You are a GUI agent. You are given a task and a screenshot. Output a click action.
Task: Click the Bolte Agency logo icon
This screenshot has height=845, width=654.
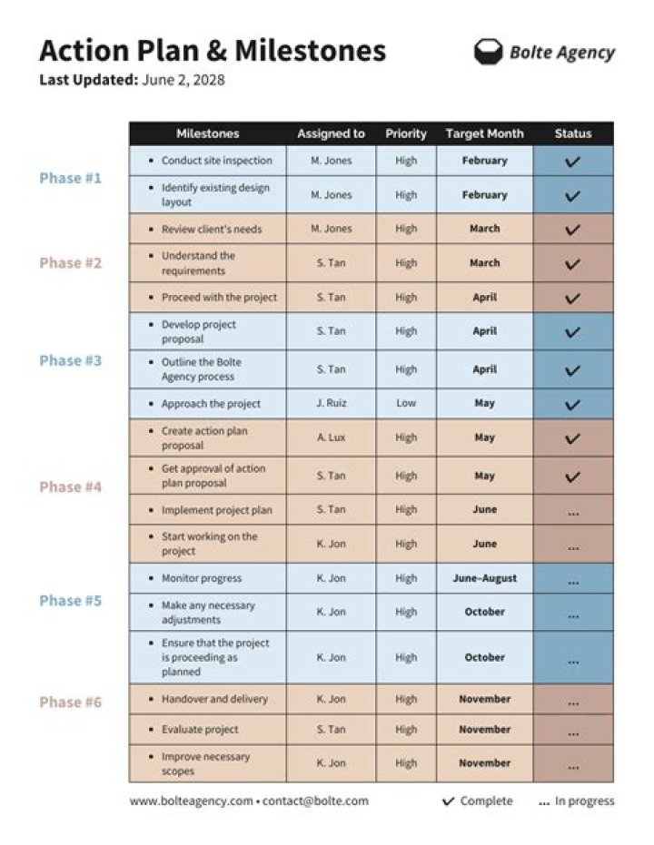tap(488, 52)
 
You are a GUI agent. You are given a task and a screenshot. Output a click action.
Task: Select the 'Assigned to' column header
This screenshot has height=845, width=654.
tap(331, 133)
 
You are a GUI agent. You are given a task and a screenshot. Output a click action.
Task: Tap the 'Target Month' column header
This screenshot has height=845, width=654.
tap(484, 133)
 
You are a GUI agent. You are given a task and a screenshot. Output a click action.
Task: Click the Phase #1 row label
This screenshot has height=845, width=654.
tap(70, 178)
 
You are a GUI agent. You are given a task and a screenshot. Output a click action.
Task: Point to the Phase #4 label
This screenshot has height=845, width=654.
tap(70, 486)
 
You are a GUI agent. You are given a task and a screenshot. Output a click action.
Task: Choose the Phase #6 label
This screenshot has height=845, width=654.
tap(70, 702)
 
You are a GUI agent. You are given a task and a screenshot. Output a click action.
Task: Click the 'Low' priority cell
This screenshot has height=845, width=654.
tap(406, 403)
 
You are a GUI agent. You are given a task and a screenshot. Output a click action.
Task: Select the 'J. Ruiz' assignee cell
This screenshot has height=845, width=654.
tap(331, 403)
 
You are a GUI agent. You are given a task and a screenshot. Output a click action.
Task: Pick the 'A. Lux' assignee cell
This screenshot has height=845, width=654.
tap(331, 437)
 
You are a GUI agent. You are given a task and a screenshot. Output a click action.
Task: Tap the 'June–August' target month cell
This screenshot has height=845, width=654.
tap(484, 578)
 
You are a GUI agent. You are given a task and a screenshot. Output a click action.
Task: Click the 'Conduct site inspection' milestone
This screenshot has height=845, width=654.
tap(216, 161)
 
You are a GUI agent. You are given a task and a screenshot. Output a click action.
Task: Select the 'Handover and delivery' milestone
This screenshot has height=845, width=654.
tap(214, 699)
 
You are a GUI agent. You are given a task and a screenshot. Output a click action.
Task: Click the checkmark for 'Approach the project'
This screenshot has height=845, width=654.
tap(572, 404)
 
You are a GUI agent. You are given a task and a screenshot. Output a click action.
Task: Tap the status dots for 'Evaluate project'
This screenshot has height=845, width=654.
tap(572, 732)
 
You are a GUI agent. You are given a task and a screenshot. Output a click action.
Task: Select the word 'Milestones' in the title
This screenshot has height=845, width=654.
tap(310, 50)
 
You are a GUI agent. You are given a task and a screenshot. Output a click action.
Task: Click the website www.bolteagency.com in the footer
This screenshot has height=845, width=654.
tap(191, 801)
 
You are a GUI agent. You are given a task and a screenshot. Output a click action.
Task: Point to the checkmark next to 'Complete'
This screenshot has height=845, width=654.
tap(448, 801)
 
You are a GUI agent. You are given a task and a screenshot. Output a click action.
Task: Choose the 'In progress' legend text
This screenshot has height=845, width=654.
tap(584, 801)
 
